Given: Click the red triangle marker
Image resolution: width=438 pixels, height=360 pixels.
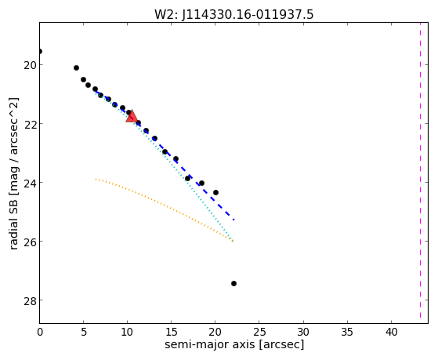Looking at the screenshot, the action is click(x=132, y=117).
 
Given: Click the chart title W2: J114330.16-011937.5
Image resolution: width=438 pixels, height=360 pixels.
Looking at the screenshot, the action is click(x=234, y=14).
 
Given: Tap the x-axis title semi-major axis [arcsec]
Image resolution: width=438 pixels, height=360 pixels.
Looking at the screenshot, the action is click(x=234, y=344).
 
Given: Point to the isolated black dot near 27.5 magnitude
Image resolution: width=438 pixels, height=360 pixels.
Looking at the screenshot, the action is click(x=233, y=284).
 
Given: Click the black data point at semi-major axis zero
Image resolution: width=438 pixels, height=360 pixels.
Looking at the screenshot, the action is click(x=40, y=51).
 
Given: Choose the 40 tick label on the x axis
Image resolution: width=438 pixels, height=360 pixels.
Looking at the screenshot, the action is click(x=391, y=332).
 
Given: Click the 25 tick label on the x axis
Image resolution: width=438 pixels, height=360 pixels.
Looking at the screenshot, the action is click(x=259, y=332).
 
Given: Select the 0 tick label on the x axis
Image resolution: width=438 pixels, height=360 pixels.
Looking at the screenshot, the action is click(x=40, y=332).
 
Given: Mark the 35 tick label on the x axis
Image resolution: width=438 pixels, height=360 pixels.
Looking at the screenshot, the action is click(x=347, y=332).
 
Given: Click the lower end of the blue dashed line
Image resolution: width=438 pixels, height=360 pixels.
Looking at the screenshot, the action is click(x=233, y=220).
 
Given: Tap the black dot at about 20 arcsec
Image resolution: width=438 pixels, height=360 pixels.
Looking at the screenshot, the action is click(x=215, y=192).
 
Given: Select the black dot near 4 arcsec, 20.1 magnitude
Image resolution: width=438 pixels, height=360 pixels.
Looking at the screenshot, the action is click(x=76, y=67).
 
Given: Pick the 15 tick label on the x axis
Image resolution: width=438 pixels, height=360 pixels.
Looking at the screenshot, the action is click(x=172, y=332).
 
